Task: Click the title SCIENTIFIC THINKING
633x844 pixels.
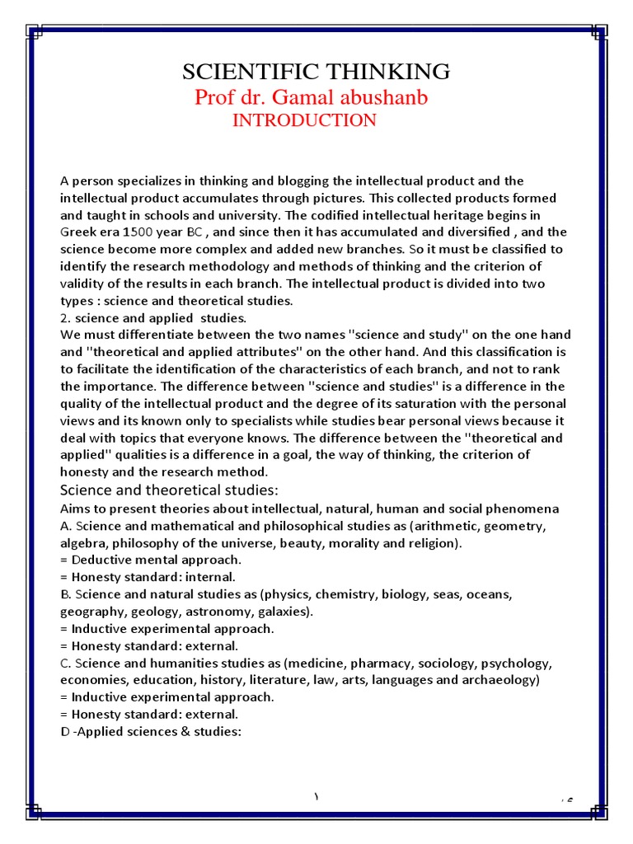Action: [316, 72]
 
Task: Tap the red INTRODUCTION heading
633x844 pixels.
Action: [304, 120]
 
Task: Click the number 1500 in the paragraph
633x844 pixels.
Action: [138, 232]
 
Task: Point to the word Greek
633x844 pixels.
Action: [77, 232]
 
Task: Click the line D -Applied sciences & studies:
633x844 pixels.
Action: [150, 731]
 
